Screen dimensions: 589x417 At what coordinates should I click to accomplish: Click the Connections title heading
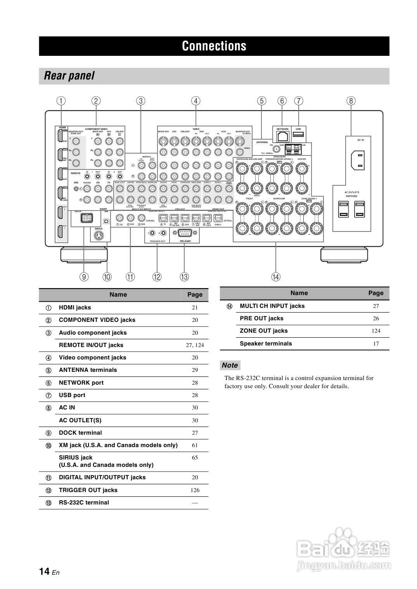(x=214, y=46)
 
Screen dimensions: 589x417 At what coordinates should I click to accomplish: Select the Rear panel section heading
(x=69, y=76)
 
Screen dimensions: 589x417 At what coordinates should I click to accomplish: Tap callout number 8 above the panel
(x=351, y=101)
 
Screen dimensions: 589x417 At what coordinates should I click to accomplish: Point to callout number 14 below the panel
(x=275, y=277)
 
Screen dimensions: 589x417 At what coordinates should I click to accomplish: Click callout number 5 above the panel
(x=261, y=101)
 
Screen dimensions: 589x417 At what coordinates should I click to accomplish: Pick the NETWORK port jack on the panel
(x=283, y=136)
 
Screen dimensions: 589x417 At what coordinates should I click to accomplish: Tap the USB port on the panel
(x=298, y=135)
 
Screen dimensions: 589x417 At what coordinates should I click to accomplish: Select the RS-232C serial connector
(x=185, y=233)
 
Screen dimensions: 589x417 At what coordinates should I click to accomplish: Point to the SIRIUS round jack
(x=99, y=235)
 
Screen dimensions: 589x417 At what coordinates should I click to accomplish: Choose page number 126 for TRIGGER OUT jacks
(x=195, y=490)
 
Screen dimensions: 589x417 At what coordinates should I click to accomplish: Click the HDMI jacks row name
(x=75, y=307)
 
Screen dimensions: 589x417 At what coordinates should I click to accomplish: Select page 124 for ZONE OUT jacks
(x=376, y=331)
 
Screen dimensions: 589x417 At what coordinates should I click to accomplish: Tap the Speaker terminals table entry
(x=266, y=344)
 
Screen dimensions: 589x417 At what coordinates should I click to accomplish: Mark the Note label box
(x=230, y=365)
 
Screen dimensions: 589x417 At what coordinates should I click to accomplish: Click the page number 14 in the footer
(x=44, y=572)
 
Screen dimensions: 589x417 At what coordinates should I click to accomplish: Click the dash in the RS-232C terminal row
(x=195, y=503)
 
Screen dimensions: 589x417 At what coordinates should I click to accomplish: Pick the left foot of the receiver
(x=84, y=254)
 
